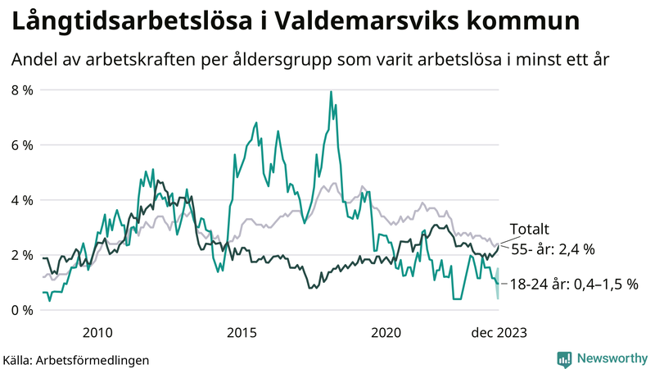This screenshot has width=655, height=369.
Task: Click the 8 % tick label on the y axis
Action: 21,89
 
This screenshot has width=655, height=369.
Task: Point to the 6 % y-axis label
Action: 21,145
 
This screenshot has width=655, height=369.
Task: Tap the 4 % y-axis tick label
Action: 21,200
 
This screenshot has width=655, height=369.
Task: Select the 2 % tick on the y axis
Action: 21,255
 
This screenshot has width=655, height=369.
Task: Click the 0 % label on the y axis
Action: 21,310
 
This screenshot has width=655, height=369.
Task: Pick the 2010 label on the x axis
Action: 97,332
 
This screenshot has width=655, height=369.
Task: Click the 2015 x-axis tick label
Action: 242,332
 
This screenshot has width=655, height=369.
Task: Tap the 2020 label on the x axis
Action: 386,332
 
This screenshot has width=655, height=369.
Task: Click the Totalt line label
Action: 529,229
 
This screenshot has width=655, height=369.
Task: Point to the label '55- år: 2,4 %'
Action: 553,247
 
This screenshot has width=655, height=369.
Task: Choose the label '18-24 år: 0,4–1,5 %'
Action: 573,284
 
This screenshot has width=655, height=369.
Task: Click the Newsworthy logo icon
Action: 564,358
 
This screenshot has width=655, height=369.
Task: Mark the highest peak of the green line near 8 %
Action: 331,92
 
